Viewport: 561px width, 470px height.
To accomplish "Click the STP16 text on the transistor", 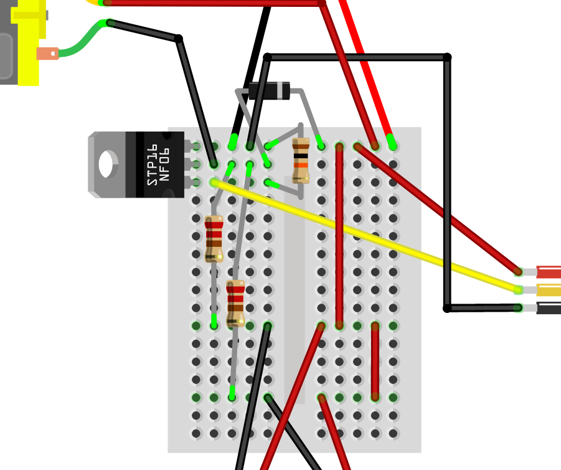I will pos(152,165).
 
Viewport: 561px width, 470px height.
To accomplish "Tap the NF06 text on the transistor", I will pos(165,165).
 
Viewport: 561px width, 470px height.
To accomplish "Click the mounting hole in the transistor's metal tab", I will pos(106,164).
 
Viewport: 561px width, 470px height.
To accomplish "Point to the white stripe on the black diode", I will pos(285,91).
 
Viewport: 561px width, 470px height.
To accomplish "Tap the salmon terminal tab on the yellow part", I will pos(47,54).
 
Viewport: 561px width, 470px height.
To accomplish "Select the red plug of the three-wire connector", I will pos(549,272).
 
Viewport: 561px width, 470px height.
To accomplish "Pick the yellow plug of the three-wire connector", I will pos(549,290).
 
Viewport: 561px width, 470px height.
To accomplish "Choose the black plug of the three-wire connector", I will pos(549,308).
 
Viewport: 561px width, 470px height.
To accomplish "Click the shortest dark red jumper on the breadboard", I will pos(375,362).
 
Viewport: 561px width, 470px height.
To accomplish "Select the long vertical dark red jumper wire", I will pos(339,237).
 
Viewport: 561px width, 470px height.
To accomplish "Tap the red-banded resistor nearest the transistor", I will pos(214,239).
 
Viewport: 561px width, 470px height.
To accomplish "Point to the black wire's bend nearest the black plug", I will pos(447,308).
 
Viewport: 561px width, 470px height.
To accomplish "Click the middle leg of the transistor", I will pos(189,165).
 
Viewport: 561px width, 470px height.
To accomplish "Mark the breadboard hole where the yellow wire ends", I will pos(214,182).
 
